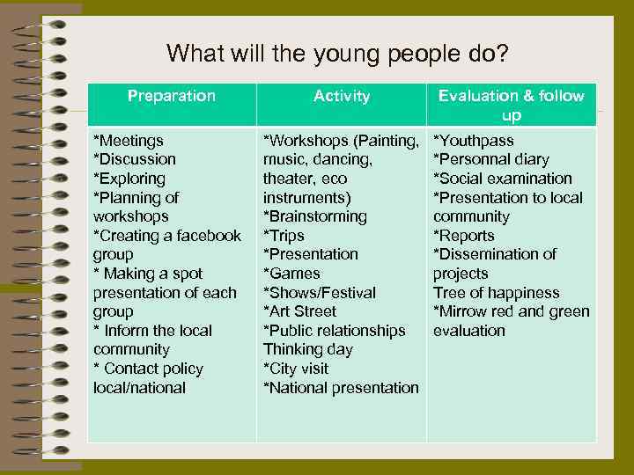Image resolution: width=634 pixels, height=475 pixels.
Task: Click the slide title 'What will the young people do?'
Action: pos(337,55)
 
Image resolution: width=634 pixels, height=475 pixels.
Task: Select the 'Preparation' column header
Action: pos(171,96)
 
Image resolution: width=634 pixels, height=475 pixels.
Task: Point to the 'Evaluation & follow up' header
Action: pos(511,106)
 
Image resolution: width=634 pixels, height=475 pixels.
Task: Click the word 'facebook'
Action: pos(208,236)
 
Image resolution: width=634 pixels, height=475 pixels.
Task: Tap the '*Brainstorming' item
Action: pos(315,216)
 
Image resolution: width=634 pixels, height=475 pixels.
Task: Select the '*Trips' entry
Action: pos(284,236)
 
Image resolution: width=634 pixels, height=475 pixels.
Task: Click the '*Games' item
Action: pos(291,274)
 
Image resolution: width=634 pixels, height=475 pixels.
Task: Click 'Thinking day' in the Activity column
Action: pos(308,349)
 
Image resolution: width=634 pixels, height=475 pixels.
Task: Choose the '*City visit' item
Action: pos(298,369)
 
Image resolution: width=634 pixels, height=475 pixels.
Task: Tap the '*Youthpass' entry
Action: pos(474,141)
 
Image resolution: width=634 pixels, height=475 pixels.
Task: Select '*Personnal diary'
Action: pos(491,159)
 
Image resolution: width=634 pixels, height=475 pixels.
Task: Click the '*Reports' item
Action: pos(464,236)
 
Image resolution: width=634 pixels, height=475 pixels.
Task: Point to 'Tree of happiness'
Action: pos(496,293)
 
